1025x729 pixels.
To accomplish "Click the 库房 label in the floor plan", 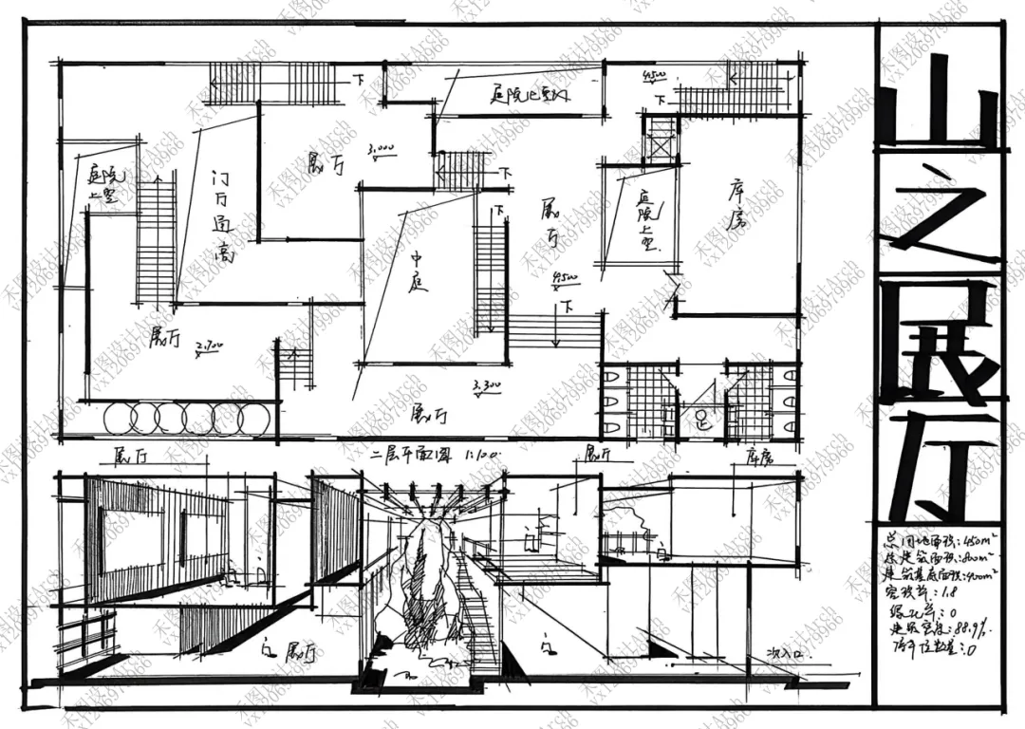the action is (x=736, y=204).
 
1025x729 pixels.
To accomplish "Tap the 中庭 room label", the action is (x=419, y=271).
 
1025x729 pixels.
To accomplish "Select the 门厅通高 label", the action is (x=225, y=214).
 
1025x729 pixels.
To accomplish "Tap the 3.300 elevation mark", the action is (x=487, y=384).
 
